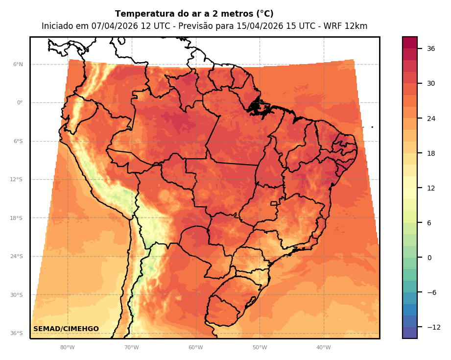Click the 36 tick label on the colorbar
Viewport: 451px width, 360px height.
(x=431, y=48)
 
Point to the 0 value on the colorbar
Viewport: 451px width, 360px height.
(x=429, y=258)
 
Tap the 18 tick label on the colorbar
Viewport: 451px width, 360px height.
(x=431, y=153)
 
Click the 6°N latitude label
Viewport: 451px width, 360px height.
(x=18, y=64)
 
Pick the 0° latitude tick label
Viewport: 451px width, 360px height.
(x=20, y=103)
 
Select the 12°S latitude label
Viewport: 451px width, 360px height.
(x=17, y=180)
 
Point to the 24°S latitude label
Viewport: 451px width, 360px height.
(x=17, y=257)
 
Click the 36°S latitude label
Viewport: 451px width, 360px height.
(x=17, y=334)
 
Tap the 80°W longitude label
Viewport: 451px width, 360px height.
(x=67, y=348)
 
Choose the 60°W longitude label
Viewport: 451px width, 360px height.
(x=195, y=348)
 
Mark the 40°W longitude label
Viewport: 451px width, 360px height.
(x=323, y=348)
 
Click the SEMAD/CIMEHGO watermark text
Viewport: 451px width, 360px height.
(x=66, y=329)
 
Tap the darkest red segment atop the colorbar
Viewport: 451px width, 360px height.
(x=410, y=43)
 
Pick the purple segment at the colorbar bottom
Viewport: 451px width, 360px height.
(x=410, y=333)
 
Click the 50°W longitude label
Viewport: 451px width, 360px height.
(x=260, y=348)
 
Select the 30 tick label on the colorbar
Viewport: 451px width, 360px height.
(x=431, y=83)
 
